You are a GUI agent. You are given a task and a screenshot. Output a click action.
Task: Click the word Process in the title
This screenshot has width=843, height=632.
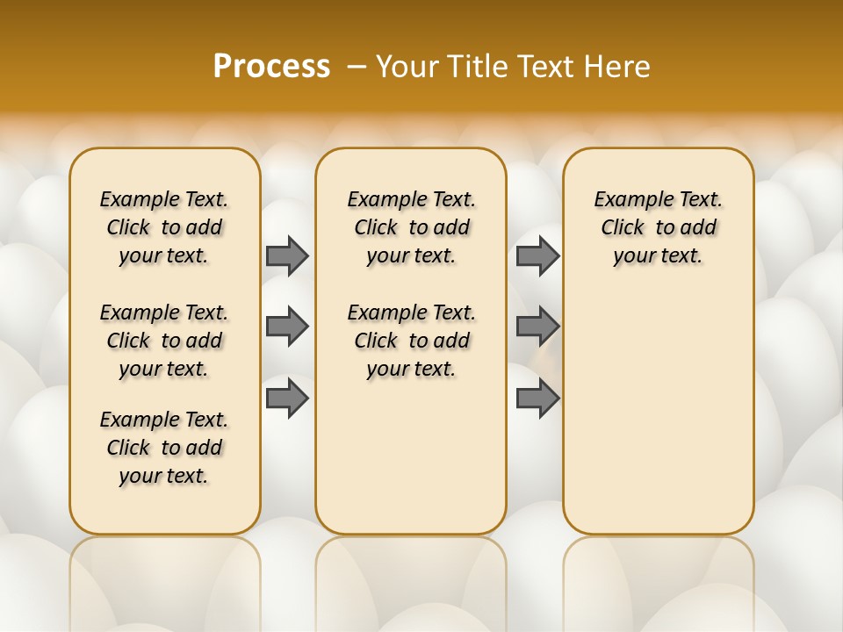pos(271,67)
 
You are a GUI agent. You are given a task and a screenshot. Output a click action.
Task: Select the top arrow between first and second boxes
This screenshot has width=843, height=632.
pos(287,255)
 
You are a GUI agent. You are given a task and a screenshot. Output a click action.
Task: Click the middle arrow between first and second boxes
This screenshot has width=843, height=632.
pos(287,327)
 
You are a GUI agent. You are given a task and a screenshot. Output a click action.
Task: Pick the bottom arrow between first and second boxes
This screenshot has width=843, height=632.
pos(287,399)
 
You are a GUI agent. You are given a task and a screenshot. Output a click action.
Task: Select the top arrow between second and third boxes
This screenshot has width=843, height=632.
pos(537,255)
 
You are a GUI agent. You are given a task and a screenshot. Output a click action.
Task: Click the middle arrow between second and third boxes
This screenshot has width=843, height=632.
pos(537,327)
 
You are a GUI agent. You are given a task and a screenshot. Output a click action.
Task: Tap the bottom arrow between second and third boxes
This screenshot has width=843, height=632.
pos(537,399)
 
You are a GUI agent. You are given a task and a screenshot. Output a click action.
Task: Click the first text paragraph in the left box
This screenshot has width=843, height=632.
pos(164,227)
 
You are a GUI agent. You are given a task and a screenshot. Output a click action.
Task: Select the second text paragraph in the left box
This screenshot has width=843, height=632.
pos(164,341)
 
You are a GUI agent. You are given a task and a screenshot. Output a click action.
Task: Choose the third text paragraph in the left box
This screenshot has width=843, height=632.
pos(164,448)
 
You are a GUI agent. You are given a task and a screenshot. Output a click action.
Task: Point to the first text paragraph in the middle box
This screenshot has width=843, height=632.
pos(411,227)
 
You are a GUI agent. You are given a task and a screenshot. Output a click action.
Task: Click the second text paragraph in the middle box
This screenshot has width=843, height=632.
pos(411,341)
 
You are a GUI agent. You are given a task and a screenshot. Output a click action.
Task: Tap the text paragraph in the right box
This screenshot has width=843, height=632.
pos(659,227)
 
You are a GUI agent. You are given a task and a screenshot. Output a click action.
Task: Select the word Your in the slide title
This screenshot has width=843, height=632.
pos(405,67)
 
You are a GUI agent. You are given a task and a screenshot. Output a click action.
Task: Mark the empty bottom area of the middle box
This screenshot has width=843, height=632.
pos(411,465)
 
